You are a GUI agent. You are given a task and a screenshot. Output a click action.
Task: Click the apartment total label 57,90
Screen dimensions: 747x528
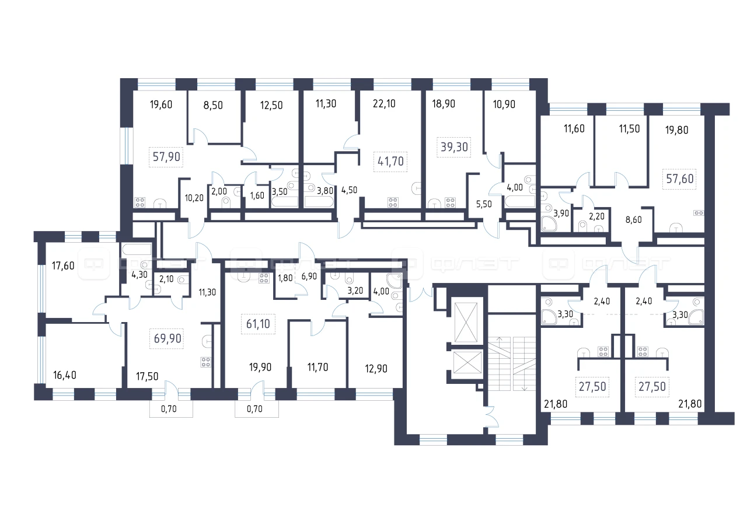166,157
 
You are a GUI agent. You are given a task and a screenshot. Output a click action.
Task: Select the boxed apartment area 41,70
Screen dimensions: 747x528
390,162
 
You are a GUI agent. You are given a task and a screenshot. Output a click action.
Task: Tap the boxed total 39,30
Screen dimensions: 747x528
454,147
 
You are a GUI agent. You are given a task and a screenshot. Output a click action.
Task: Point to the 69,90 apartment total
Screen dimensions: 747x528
167,338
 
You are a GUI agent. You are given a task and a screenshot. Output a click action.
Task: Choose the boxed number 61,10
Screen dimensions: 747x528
258,324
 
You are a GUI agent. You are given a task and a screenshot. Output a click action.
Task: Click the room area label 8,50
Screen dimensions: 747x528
213,106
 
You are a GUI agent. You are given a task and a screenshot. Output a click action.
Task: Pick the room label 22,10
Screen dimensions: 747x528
384,104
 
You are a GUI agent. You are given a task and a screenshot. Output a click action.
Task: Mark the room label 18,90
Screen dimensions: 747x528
444,104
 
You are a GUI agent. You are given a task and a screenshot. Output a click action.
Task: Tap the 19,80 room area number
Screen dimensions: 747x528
676,130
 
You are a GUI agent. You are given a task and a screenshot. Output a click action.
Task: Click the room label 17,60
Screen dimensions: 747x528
63,266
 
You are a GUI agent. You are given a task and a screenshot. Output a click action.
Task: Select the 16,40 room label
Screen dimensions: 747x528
65,375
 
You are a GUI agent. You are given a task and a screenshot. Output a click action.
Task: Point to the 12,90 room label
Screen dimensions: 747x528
376,369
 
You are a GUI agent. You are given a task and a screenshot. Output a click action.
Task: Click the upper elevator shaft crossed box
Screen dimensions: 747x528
466,322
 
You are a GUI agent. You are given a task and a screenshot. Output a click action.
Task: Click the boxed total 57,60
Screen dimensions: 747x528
680,179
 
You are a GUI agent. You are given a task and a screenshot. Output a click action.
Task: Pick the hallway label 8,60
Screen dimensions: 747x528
633,220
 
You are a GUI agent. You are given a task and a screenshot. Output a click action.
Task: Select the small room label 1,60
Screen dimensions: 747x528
257,195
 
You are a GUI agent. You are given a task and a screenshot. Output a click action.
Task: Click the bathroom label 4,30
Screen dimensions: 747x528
139,275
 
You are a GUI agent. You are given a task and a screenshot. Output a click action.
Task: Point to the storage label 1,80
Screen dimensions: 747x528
285,278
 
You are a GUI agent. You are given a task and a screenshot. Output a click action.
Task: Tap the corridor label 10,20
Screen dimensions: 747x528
194,198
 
